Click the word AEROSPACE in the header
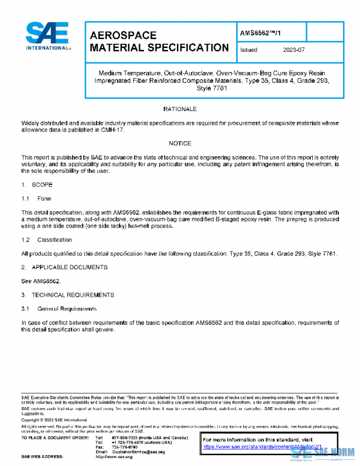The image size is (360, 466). [123, 35]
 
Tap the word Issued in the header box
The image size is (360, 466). [249, 50]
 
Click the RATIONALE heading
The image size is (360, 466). [180, 109]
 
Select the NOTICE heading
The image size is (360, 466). [180, 144]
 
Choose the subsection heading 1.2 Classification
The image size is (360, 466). [47, 240]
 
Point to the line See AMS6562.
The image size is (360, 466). [40, 280]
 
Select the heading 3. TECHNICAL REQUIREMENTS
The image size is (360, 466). [67, 295]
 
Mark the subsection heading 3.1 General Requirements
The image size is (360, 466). [59, 309]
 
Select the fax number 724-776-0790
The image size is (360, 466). [124, 447]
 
